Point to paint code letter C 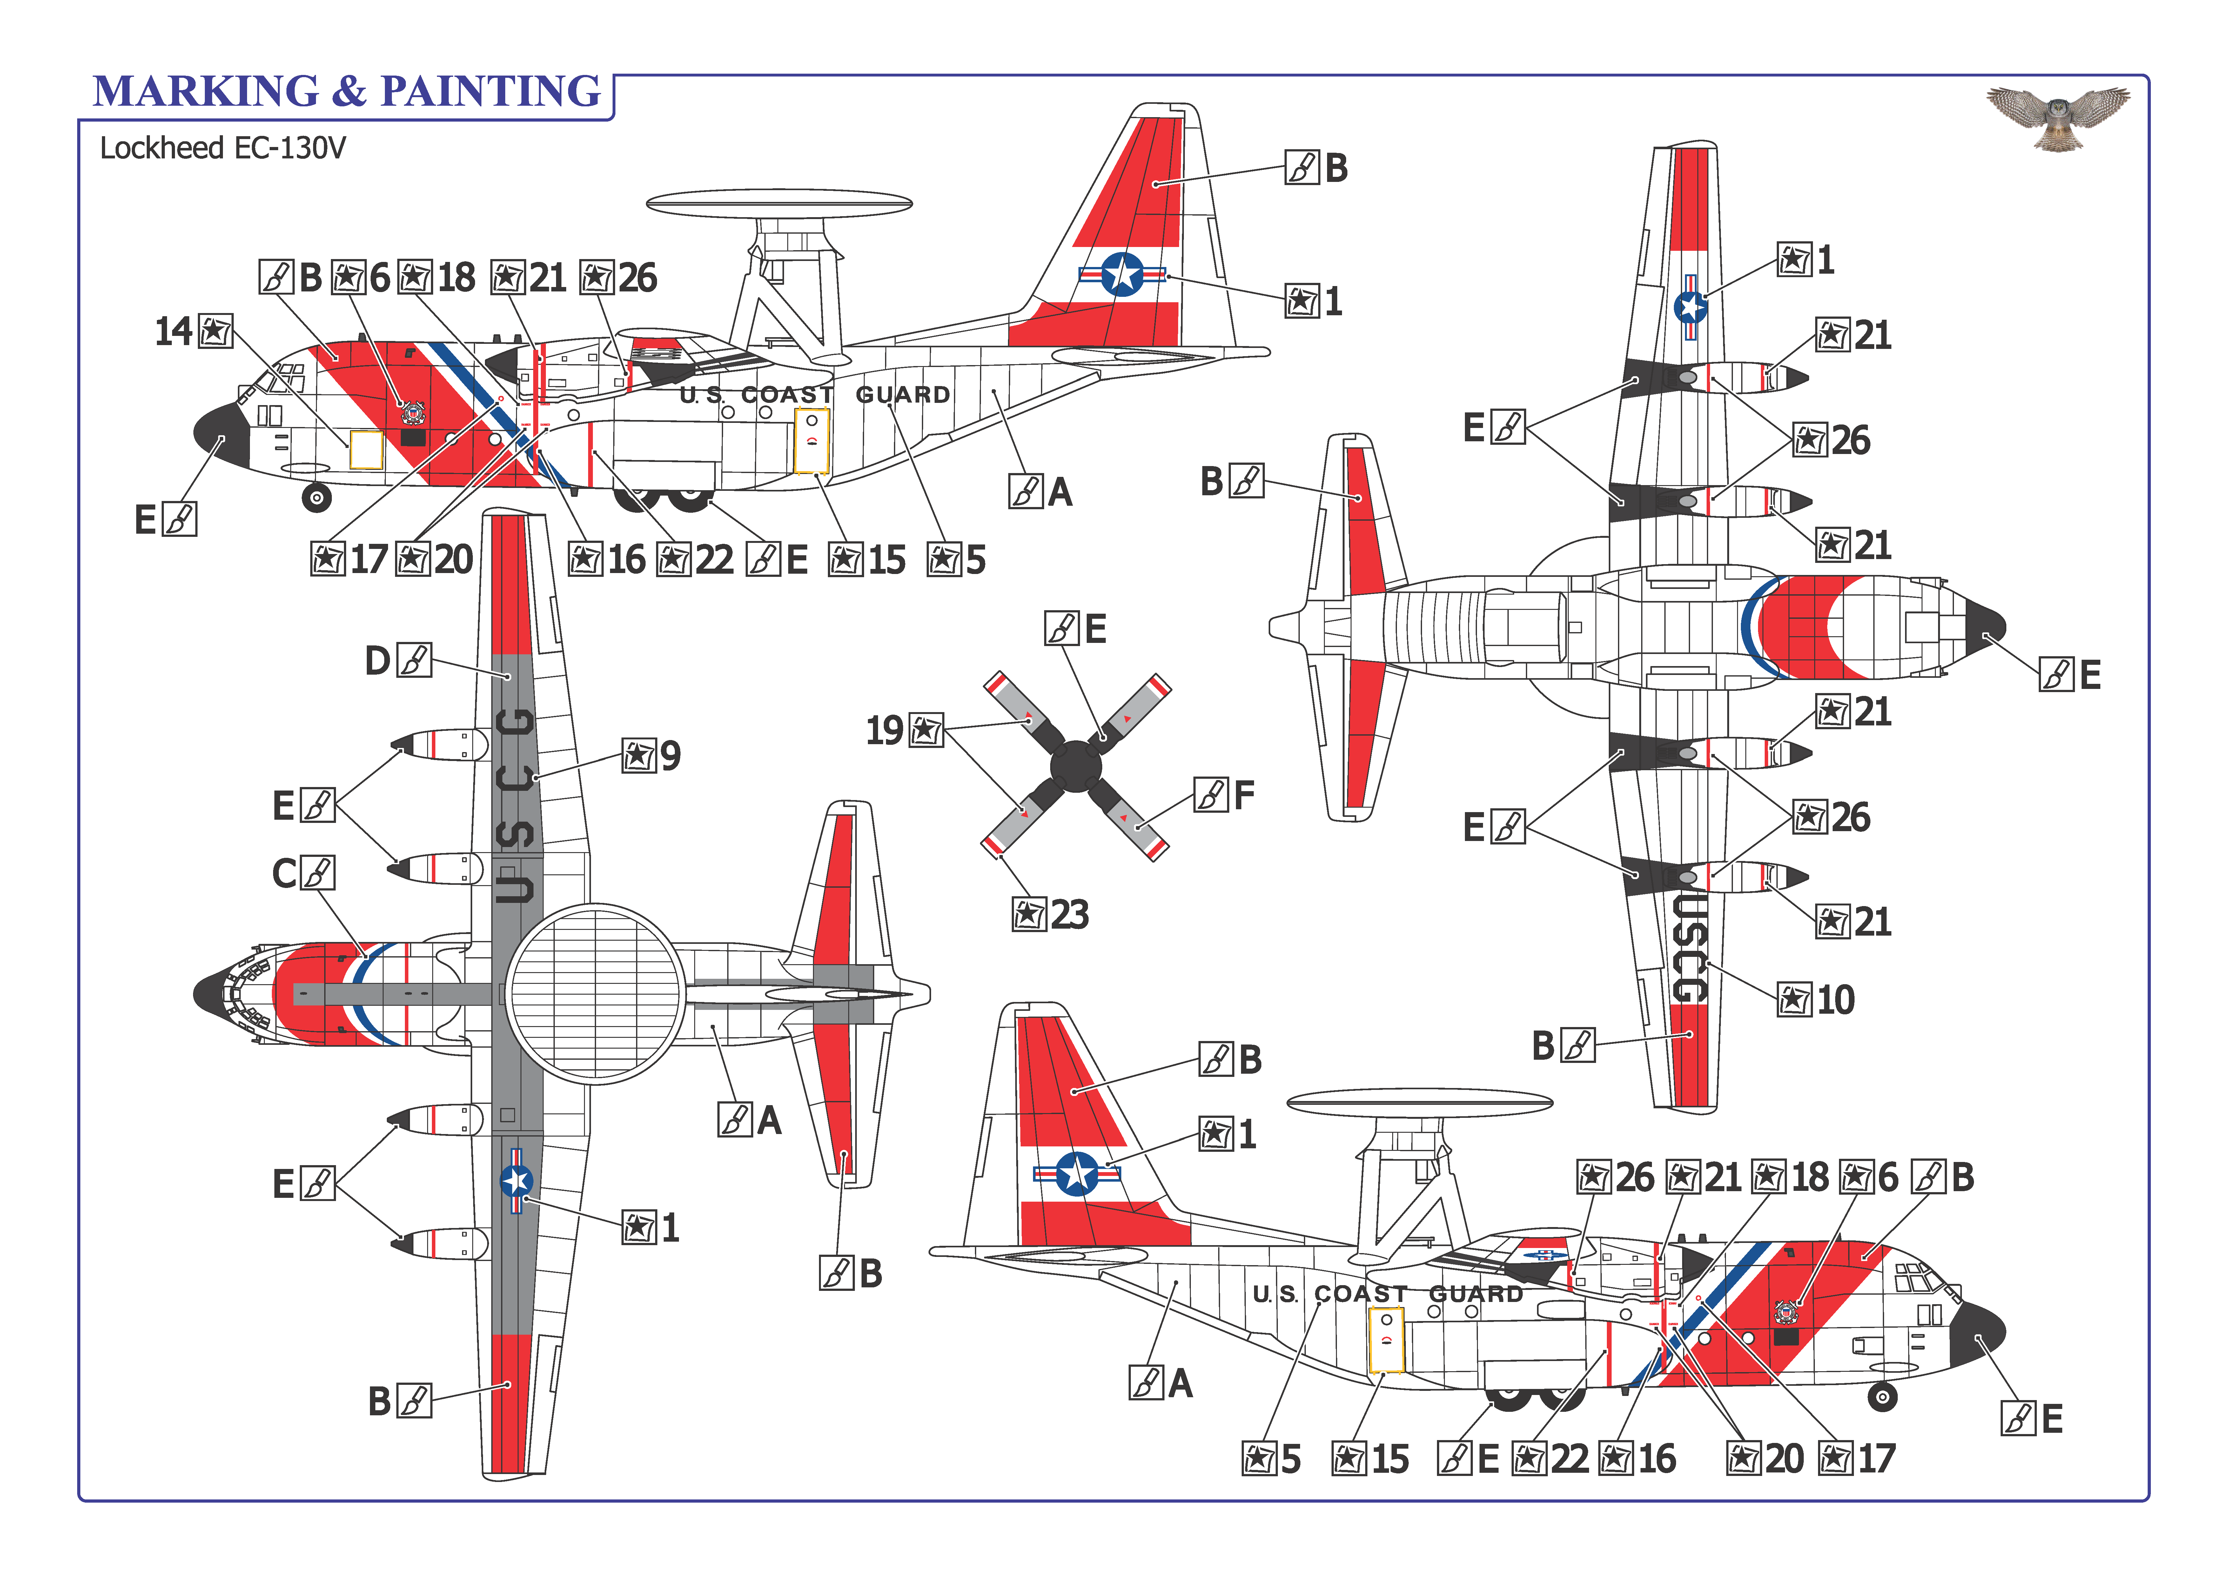283,873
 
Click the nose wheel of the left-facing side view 316,498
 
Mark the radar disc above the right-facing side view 1419,1103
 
